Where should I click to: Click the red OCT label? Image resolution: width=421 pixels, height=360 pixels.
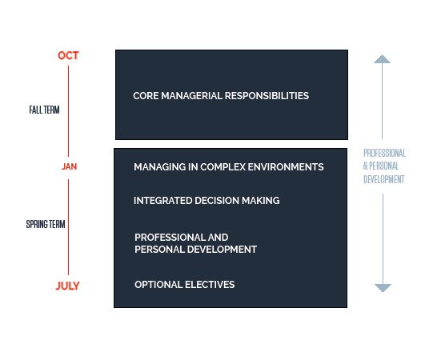68,55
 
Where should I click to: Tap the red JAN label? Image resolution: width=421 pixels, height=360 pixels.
70,166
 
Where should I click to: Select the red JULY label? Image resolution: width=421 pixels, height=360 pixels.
67,286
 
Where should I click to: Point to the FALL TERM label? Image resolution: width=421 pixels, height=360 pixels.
44,110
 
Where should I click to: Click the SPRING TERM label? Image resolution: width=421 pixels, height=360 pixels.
46,224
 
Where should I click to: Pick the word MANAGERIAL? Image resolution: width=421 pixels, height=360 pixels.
191,96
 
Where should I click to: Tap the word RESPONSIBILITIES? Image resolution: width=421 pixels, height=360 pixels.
267,96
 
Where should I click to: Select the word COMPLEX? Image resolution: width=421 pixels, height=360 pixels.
223,167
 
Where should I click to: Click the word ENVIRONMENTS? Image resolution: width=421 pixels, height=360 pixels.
286,167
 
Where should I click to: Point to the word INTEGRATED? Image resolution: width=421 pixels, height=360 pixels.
162,201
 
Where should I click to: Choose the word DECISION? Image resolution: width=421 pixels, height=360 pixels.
217,201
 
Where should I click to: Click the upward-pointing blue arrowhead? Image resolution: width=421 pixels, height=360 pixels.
382,59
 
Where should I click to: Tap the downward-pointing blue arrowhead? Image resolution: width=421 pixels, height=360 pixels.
383,288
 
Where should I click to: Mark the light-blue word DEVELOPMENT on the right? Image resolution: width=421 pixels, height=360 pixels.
384,179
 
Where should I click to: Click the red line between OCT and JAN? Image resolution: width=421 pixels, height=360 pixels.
68,111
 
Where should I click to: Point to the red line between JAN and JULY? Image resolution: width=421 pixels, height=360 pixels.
68,227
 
